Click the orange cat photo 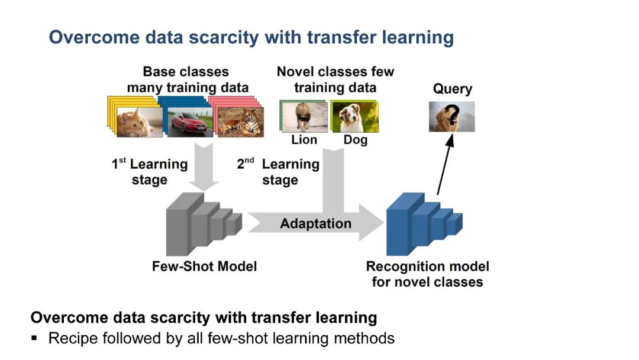coord(139,121)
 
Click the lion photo coord(304,117)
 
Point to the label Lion coord(304,140)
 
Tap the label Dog coord(355,140)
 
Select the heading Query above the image coord(453,89)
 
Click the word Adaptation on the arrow coord(315,224)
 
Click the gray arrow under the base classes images coord(202,169)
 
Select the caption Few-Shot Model coord(204,266)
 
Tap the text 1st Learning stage coord(150,172)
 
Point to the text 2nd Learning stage coord(279,172)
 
